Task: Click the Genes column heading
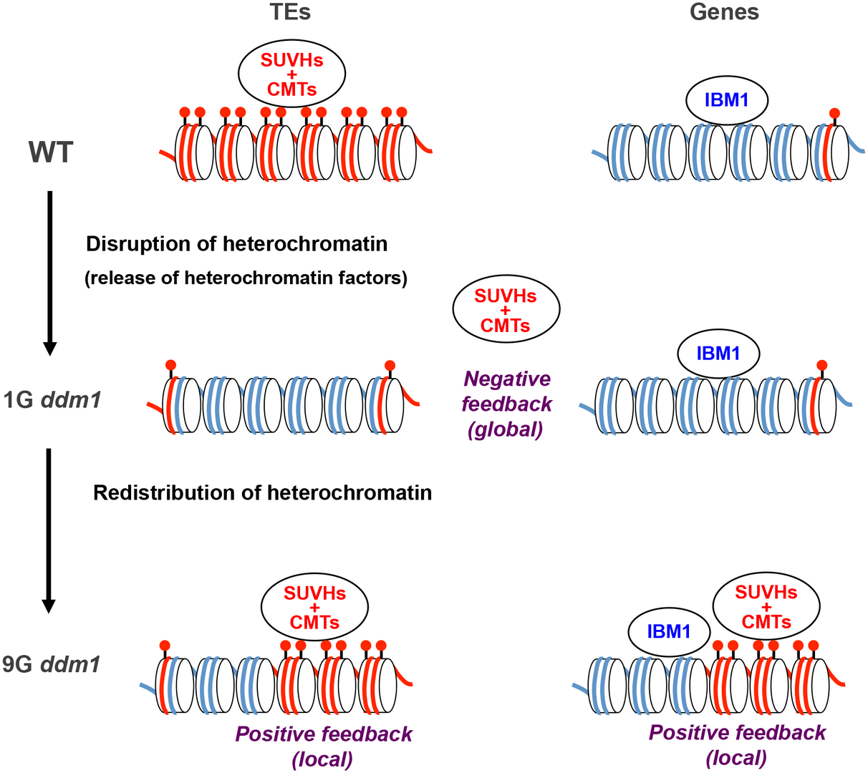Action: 724,11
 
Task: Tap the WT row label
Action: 51,152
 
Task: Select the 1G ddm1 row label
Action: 52,399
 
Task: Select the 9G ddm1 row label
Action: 52,664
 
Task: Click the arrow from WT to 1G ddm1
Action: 49,272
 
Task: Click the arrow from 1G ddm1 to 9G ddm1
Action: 48,530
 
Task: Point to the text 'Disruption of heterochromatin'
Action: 236,244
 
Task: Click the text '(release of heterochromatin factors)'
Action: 246,278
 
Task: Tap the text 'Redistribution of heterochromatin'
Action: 262,492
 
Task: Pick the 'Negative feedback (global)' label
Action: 506,404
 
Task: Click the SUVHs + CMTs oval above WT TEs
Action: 291,74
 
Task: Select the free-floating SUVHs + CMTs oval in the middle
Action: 506,309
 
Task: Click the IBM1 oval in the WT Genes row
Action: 726,100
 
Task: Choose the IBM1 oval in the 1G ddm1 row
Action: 718,353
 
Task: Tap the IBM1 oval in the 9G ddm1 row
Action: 669,631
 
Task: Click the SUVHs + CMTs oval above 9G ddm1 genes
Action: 766,607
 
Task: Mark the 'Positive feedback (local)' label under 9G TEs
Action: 324,746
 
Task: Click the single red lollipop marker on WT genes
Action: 834,114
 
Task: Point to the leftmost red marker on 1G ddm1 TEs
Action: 170,365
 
